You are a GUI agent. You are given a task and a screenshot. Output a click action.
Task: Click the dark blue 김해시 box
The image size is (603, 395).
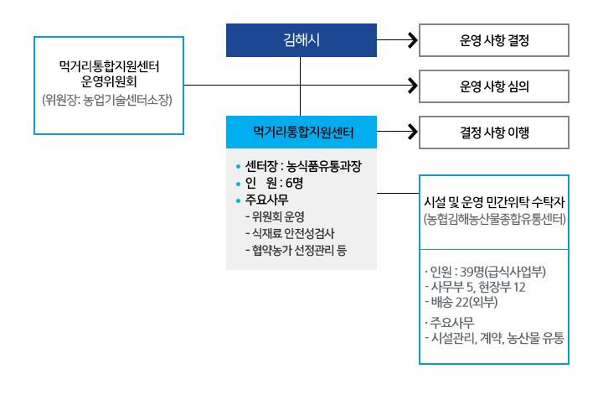point(301,39)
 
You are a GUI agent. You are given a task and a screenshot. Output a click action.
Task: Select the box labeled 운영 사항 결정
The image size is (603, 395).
point(494,39)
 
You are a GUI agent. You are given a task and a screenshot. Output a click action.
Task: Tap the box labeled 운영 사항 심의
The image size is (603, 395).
point(494,86)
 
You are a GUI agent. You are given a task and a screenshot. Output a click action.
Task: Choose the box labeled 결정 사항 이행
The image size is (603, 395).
point(494,132)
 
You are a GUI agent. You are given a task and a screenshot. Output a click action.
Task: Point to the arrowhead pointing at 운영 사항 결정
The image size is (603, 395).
point(411,39)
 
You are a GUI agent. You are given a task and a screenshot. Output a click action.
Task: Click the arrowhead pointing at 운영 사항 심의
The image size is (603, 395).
point(411,86)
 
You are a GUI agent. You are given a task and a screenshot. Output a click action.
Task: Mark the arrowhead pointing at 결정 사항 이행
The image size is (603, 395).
point(411,132)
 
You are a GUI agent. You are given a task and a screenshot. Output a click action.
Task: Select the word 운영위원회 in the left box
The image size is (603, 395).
point(109,82)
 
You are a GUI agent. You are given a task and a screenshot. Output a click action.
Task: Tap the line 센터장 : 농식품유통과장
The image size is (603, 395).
point(303,166)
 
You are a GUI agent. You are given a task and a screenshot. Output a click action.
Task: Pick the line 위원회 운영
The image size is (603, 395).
point(275,216)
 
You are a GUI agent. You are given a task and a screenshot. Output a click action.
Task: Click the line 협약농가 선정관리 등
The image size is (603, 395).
point(295,249)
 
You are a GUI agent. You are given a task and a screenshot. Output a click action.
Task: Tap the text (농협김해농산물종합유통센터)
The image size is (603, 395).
point(494,221)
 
